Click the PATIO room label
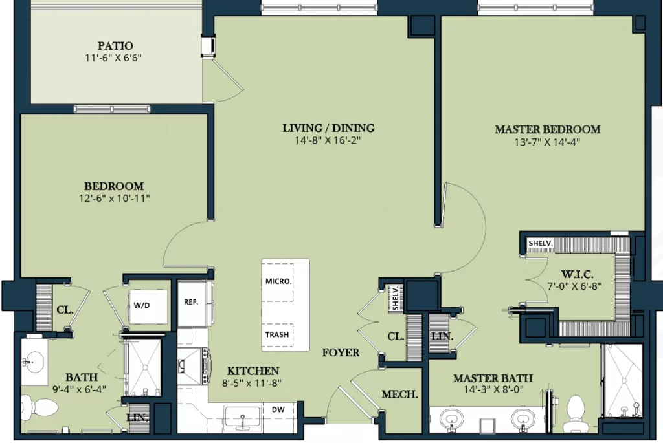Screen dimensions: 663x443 [x=115, y=46]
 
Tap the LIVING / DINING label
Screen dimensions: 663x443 [x=328, y=128]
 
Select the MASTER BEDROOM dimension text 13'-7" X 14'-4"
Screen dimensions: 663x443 [x=547, y=142]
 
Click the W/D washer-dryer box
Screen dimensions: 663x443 [x=148, y=305]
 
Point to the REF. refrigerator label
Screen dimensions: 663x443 [x=191, y=303]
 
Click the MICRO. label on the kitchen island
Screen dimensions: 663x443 [x=278, y=281]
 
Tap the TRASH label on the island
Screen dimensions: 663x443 [x=277, y=335]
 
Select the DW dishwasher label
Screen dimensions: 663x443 [x=278, y=409]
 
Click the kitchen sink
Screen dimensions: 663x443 [x=242, y=417]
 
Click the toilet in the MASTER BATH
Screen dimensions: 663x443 [x=576, y=409]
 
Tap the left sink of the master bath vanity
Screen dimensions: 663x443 [x=451, y=418]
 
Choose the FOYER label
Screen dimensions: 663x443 [x=341, y=352]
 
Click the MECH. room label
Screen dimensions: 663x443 [x=399, y=394]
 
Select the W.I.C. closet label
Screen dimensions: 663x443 [x=577, y=274]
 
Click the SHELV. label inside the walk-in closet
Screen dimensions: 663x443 [x=541, y=243]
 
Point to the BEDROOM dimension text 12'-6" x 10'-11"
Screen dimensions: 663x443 [x=115, y=198]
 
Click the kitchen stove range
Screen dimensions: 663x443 [x=193, y=366]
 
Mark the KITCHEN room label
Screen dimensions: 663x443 [x=253, y=371]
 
